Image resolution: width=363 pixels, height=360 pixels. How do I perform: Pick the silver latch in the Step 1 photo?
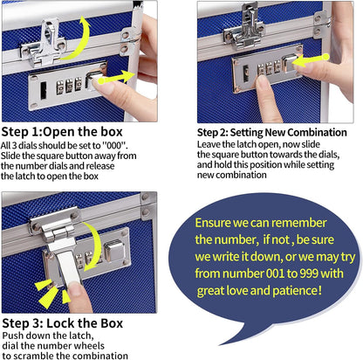51,35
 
